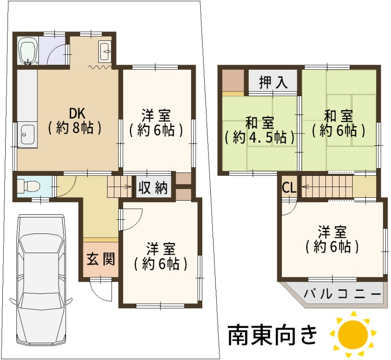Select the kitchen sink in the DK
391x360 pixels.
tap(27, 135)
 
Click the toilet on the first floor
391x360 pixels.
tap(29, 187)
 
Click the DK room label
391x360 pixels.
tap(77, 113)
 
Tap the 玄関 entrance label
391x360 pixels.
tap(101, 259)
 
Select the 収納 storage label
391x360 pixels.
tap(153, 187)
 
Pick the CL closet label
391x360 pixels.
tap(289, 188)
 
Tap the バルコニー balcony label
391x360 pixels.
tap(342, 294)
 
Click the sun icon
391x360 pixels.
tap(353, 334)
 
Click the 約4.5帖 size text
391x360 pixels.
tap(259, 137)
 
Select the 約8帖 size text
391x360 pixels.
tap(75, 128)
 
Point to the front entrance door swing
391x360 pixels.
tap(101, 290)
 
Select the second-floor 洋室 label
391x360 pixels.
tap(332, 232)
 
